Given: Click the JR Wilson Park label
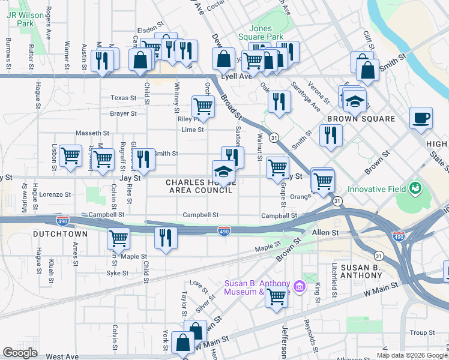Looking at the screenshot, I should click(20, 18).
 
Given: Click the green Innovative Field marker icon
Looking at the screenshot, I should click(414, 189).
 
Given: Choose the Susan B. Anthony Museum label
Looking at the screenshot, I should click(257, 287).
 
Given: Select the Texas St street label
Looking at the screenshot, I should click(123, 97).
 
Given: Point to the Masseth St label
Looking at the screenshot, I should click(92, 133).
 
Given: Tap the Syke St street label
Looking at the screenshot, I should click(118, 273).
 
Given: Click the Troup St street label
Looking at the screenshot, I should click(423, 332).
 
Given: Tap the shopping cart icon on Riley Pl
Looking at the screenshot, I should click(203, 106).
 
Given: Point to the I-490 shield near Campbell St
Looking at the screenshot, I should click(223, 230).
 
